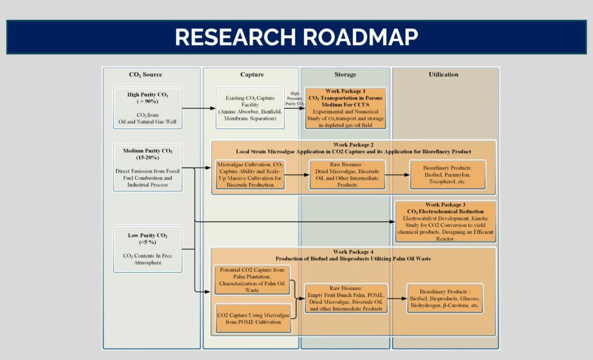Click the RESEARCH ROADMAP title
[296, 37]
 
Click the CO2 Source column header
[145, 75]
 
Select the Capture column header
[252, 75]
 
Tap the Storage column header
[345, 75]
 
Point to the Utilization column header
[444, 75]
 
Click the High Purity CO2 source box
[148, 107]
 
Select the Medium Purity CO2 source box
[148, 168]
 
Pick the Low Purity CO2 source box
[148, 249]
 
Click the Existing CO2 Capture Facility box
[251, 108]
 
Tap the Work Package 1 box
[345, 108]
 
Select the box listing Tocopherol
[447, 175]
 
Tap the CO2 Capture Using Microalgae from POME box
[253, 318]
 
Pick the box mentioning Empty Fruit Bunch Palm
[345, 299]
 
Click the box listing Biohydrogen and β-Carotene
[445, 299]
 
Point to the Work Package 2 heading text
[353, 148]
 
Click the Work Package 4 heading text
[353, 255]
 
